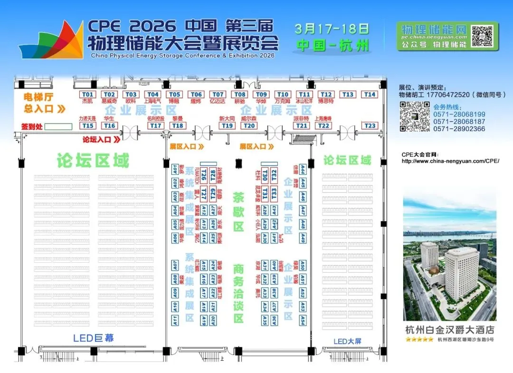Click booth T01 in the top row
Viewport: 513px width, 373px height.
tap(87, 95)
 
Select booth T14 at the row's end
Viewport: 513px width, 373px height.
tap(370, 95)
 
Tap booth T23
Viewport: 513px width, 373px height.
tap(370, 126)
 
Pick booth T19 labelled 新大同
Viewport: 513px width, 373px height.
tap(228, 126)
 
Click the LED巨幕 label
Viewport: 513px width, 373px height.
tap(94, 338)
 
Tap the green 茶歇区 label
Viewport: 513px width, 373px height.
tap(238, 211)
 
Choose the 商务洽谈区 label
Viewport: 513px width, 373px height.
tap(238, 293)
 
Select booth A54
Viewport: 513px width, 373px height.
tap(303, 321)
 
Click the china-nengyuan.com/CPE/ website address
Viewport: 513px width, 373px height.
tap(450, 161)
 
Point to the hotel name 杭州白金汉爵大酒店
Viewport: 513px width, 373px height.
tap(449, 329)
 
